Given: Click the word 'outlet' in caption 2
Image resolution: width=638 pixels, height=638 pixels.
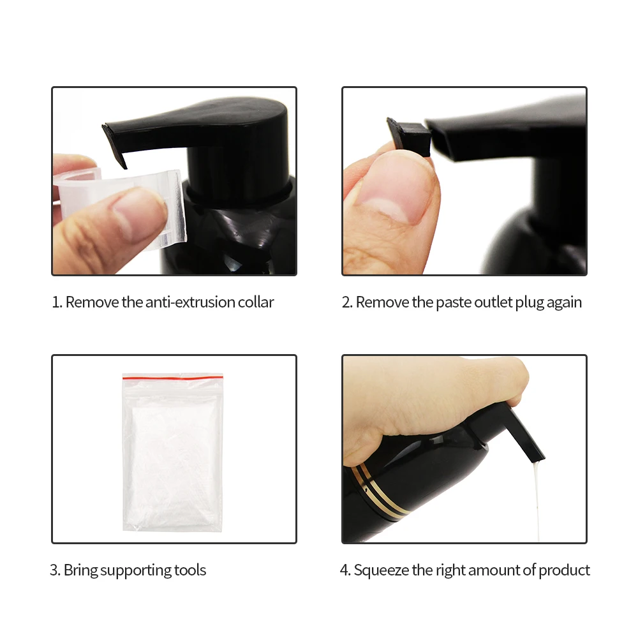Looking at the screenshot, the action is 493,302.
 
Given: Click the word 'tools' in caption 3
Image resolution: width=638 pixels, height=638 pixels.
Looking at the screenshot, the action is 190,570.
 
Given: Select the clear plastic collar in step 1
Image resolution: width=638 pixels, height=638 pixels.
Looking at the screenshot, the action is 122,204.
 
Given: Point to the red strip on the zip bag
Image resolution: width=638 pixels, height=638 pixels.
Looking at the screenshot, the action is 172,378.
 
